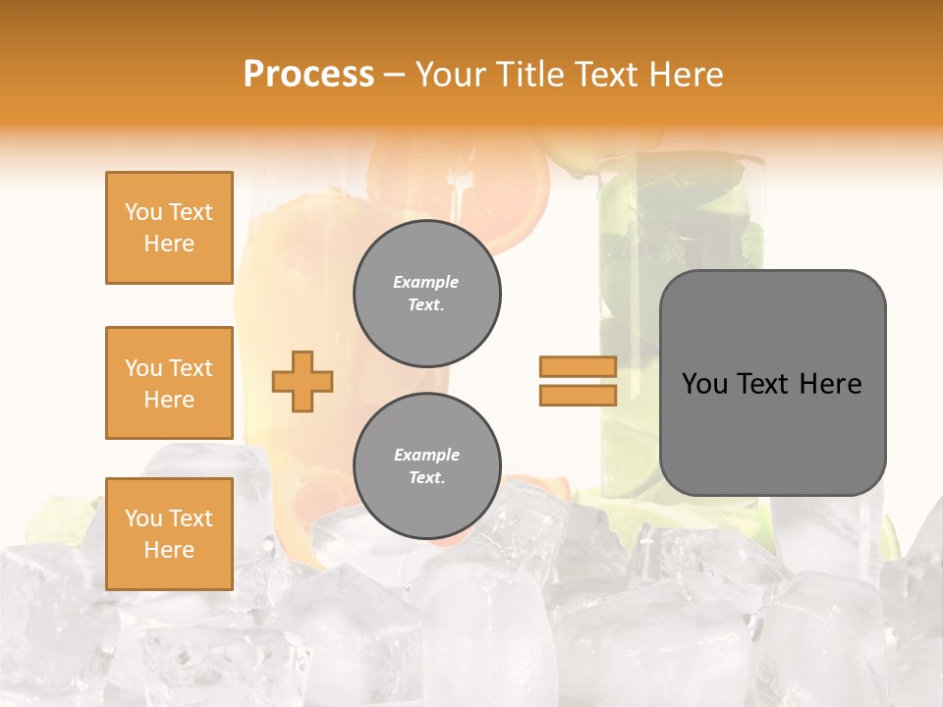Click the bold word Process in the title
308,74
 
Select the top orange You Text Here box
169,228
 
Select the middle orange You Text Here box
169,383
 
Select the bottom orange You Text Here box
169,534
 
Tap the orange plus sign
302,381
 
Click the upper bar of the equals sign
578,367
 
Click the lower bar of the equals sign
578,396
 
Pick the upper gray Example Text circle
427,293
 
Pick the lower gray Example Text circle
427,465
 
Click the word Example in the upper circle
426,282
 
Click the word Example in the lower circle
426,455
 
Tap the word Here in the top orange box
169,244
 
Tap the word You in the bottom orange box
142,518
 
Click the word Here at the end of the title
688,74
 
